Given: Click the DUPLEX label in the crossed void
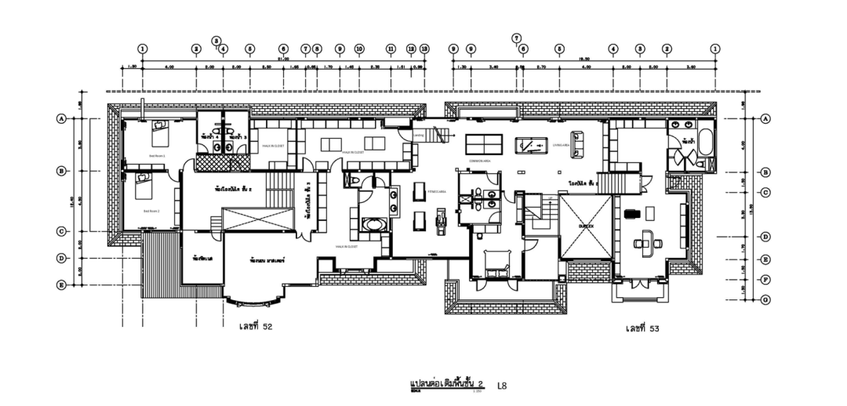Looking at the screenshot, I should coord(586,225).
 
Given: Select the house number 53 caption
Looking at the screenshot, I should coord(642,328).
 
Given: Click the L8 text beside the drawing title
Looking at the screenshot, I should coord(502,385).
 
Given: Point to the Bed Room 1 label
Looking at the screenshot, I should coord(157,157).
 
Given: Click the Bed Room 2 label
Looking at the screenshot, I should coord(151,211).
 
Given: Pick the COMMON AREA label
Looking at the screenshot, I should coord(480,161).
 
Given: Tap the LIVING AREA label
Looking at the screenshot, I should coord(560,146).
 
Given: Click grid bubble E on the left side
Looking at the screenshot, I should coord(60,285).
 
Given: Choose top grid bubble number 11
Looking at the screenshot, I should coord(391,49).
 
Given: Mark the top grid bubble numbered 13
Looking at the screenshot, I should coord(424,49).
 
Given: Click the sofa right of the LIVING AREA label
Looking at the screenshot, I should coord(580,142).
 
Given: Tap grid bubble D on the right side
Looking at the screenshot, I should coord(765,236).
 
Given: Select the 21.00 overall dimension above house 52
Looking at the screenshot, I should coord(283,59).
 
